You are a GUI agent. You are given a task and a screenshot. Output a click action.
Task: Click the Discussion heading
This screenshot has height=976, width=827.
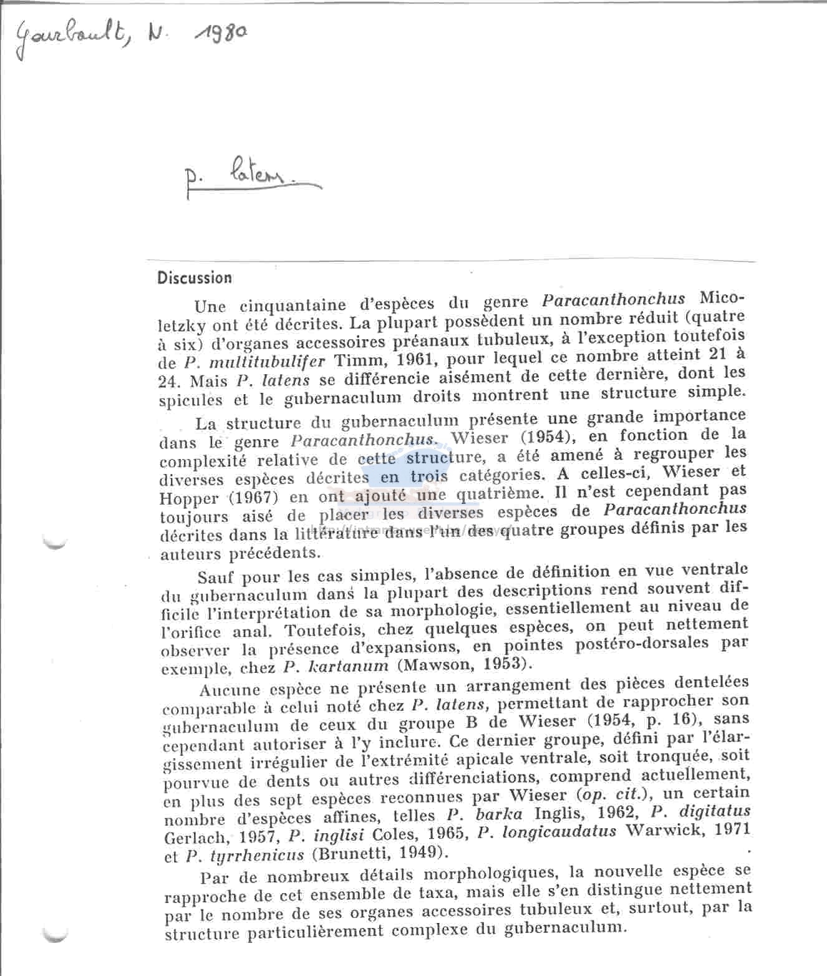click(x=195, y=278)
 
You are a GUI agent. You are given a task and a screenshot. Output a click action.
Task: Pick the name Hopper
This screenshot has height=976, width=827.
click(x=190, y=498)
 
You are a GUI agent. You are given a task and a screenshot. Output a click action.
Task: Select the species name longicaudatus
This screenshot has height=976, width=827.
click(x=556, y=832)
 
